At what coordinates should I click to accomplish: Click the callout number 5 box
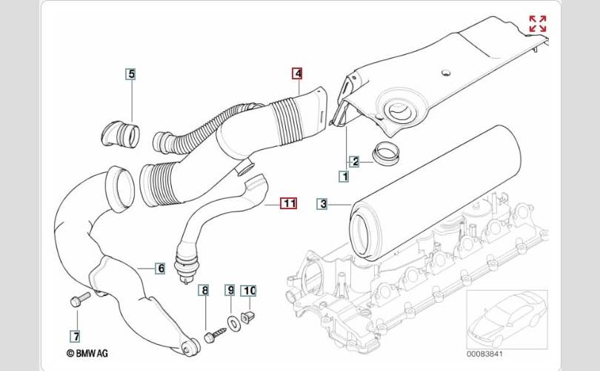click(x=131, y=74)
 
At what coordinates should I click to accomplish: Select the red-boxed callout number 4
click(x=297, y=73)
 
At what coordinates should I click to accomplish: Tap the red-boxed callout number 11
click(x=289, y=203)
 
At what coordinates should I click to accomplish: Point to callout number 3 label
click(x=322, y=204)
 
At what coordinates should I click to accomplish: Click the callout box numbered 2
click(x=354, y=162)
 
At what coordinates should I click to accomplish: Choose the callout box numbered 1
click(x=344, y=177)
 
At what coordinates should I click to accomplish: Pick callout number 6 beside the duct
click(x=160, y=269)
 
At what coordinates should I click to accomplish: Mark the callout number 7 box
click(x=76, y=337)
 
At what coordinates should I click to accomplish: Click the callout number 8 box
click(x=204, y=291)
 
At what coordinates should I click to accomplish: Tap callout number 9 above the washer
click(x=230, y=290)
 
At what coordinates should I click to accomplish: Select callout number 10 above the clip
click(x=248, y=291)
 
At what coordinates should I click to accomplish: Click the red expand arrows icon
click(x=538, y=24)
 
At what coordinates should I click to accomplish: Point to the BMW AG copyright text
click(x=87, y=353)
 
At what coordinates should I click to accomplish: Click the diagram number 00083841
click(x=484, y=354)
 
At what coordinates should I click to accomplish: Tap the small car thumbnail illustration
click(x=507, y=320)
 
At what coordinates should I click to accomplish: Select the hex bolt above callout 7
click(x=80, y=299)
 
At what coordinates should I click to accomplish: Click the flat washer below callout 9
click(x=233, y=323)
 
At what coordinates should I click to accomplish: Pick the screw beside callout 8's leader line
click(x=215, y=335)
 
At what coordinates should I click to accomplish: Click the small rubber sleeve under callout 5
click(x=121, y=134)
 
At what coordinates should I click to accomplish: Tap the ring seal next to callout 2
click(x=387, y=153)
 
